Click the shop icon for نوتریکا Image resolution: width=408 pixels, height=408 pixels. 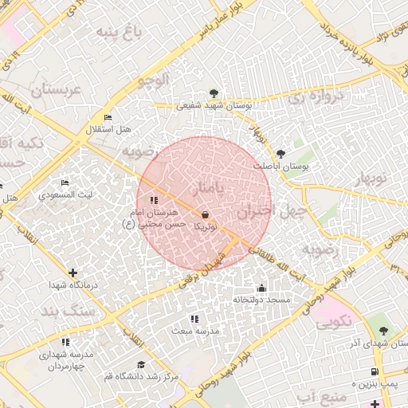(x=206, y=214)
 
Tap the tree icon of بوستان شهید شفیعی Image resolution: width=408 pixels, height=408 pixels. (x=213, y=92)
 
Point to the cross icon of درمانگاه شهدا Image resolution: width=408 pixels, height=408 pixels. (x=73, y=273)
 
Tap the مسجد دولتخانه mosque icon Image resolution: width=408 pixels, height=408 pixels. (x=261, y=288)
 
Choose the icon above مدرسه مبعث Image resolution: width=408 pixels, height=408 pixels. (x=194, y=318)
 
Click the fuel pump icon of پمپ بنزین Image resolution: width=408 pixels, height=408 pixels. (x=375, y=372)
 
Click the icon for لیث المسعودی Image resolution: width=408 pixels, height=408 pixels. (x=65, y=182)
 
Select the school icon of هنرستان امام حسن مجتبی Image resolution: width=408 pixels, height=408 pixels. (x=154, y=201)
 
